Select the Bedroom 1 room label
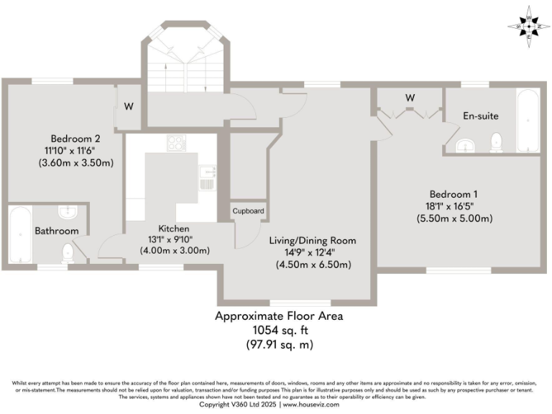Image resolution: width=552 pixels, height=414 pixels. point(454,194)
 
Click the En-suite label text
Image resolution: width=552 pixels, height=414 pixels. point(480,116)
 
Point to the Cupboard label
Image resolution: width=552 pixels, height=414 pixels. point(248,211)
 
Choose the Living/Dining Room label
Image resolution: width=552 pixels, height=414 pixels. point(312,240)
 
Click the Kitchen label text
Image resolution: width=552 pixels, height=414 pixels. point(174,228)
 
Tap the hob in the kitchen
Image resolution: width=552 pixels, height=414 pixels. point(176,143)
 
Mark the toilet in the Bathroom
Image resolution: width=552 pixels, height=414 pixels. point(68,252)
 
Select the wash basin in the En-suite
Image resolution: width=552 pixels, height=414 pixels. point(466,147)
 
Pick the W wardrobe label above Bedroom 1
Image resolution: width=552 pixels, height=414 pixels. point(410,97)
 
